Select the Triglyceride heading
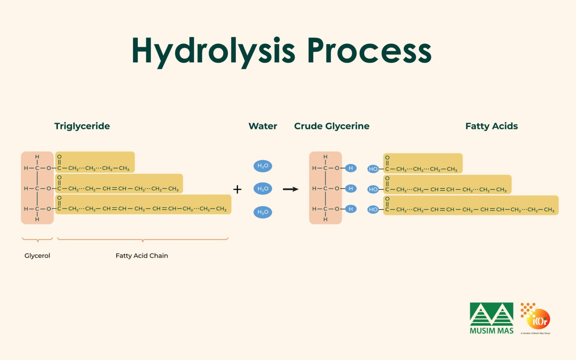click(82, 126)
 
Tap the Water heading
click(262, 126)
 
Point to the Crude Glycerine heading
click(331, 126)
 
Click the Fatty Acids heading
click(491, 126)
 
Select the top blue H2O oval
click(262, 166)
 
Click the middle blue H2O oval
click(262, 189)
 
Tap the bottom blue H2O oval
click(262, 212)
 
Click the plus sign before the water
click(237, 189)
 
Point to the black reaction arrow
click(290, 189)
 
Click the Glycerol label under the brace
click(37, 256)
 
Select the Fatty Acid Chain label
click(142, 256)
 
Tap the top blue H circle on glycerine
click(351, 168)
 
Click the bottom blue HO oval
click(373, 209)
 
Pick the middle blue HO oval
click(373, 189)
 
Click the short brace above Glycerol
click(37, 239)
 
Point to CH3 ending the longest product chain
click(549, 210)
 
